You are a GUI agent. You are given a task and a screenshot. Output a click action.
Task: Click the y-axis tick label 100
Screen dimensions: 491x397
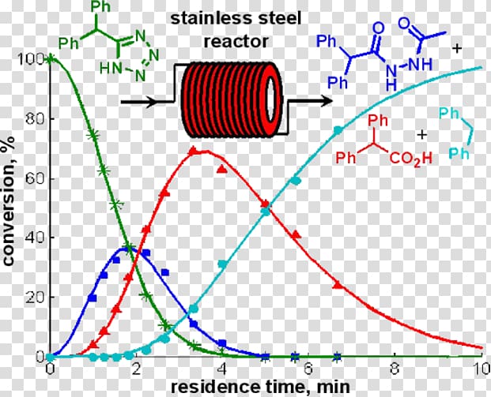(31, 59)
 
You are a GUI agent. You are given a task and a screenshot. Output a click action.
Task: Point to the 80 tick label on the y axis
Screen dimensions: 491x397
(35, 118)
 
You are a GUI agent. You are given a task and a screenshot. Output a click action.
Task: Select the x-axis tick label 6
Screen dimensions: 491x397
(308, 369)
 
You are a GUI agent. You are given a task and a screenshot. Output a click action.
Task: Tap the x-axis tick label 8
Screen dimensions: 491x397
(395, 369)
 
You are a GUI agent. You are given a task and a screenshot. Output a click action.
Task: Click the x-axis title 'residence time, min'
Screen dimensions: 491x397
(260, 387)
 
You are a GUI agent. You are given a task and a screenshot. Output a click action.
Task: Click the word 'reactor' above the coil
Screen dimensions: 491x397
(236, 42)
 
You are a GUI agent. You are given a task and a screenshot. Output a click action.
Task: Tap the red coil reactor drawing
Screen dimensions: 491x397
(232, 99)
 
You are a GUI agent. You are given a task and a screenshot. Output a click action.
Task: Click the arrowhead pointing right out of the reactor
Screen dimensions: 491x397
(326, 101)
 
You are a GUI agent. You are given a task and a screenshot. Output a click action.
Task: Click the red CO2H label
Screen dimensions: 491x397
(410, 159)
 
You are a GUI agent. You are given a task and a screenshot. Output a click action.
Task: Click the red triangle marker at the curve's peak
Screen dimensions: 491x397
(193, 151)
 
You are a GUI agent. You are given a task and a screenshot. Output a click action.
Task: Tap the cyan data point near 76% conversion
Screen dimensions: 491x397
(338, 130)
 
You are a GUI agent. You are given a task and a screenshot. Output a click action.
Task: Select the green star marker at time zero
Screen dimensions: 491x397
(49, 58)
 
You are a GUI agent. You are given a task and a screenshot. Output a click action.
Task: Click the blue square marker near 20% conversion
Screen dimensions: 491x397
(92, 298)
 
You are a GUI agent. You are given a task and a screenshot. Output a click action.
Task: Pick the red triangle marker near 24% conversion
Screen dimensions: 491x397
(338, 284)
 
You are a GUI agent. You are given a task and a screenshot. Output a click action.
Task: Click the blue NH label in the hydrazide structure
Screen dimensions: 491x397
(420, 64)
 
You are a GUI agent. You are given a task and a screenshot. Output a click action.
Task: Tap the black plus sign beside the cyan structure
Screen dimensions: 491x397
(422, 135)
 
